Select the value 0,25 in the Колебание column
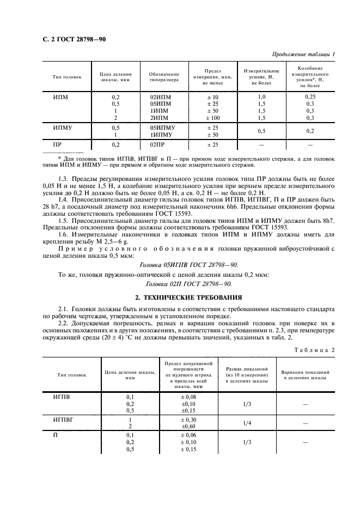[x=309, y=96]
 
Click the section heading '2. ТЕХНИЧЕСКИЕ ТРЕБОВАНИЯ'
[x=180, y=297]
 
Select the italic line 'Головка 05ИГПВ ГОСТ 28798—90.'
[x=180, y=263]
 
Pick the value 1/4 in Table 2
[x=247, y=423]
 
